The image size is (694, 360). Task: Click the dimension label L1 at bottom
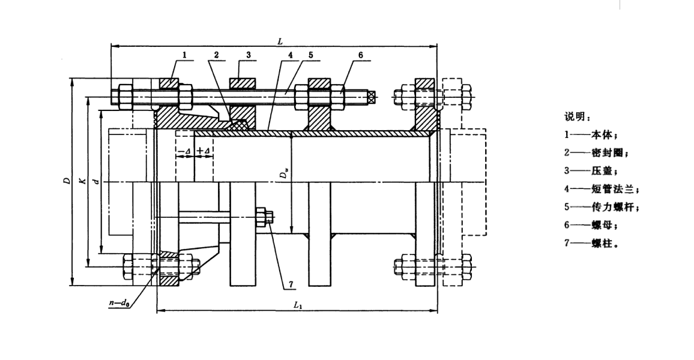[298, 306]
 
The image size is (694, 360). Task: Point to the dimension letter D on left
[67, 182]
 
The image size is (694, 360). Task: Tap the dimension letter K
[82, 182]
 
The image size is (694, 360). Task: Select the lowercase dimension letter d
[97, 182]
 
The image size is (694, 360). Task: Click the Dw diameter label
[284, 175]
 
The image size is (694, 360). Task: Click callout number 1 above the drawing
[185, 55]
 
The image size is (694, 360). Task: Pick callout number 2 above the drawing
[216, 55]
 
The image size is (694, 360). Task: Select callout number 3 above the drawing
[248, 55]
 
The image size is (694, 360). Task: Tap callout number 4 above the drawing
[289, 55]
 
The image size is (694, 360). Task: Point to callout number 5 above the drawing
[310, 55]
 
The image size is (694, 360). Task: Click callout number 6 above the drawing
[360, 55]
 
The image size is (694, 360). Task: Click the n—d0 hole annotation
[119, 304]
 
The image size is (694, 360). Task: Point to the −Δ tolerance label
[185, 151]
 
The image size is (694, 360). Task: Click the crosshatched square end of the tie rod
[372, 95]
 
